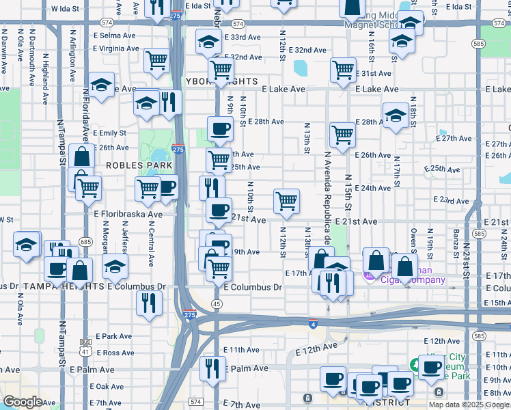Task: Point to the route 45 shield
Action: click(x=217, y=303)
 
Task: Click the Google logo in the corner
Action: click(x=23, y=402)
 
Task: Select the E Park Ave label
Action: click(x=113, y=336)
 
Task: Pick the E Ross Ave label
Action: click(x=115, y=353)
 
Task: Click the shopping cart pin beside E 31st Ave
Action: click(x=342, y=69)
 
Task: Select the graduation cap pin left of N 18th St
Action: click(x=396, y=115)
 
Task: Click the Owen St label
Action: click(x=414, y=241)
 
